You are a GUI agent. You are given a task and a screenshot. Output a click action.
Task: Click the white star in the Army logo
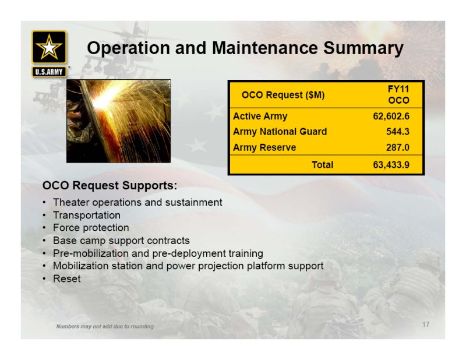pyautogui.click(x=49, y=47)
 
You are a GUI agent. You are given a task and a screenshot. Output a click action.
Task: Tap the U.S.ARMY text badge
pyautogui.click(x=49, y=72)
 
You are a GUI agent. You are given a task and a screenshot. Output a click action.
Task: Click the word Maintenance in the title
pyautogui.click(x=265, y=48)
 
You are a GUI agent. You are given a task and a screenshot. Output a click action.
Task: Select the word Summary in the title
pyautogui.click(x=363, y=48)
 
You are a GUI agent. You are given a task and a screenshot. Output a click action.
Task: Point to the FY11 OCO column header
pyautogui.click(x=398, y=94)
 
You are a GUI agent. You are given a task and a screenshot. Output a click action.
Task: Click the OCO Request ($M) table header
pyautogui.click(x=283, y=95)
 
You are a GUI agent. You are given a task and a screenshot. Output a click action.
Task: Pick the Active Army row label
pyautogui.click(x=260, y=116)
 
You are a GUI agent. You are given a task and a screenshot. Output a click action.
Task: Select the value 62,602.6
pyautogui.click(x=391, y=116)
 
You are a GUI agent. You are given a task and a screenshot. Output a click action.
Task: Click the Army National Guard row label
pyautogui.click(x=280, y=132)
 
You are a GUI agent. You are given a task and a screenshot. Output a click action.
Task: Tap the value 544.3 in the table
pyautogui.click(x=398, y=132)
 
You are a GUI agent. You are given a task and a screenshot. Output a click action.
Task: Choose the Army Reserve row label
pyautogui.click(x=264, y=147)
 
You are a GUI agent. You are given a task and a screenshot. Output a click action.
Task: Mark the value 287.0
pyautogui.click(x=398, y=147)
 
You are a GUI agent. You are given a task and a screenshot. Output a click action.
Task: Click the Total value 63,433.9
pyautogui.click(x=391, y=164)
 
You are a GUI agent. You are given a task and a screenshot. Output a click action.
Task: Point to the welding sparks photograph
pyautogui.click(x=119, y=121)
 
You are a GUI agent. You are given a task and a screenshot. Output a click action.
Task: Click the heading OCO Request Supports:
pyautogui.click(x=110, y=185)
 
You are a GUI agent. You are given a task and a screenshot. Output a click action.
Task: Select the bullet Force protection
pyautogui.click(x=91, y=227)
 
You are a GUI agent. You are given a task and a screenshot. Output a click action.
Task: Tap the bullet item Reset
pyautogui.click(x=66, y=278)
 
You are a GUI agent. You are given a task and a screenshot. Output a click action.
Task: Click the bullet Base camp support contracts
pyautogui.click(x=121, y=240)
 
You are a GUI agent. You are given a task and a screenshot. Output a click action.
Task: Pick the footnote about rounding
pyautogui.click(x=105, y=326)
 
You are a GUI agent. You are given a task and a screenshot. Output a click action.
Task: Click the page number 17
pyautogui.click(x=426, y=324)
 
